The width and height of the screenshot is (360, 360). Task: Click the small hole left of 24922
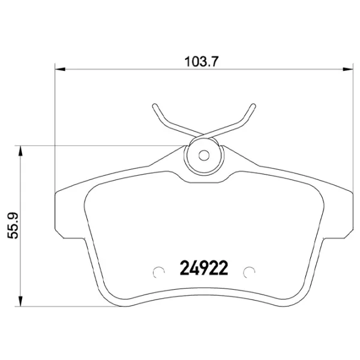pyautogui.click(x=159, y=272)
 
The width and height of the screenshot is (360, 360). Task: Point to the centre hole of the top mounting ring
pyautogui.click(x=204, y=155)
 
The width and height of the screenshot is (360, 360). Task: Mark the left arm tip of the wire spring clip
pyautogui.click(x=154, y=106)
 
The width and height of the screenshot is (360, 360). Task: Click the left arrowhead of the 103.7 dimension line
pyautogui.click(x=59, y=70)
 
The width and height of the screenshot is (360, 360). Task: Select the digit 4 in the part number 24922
pyautogui.click(x=194, y=269)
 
